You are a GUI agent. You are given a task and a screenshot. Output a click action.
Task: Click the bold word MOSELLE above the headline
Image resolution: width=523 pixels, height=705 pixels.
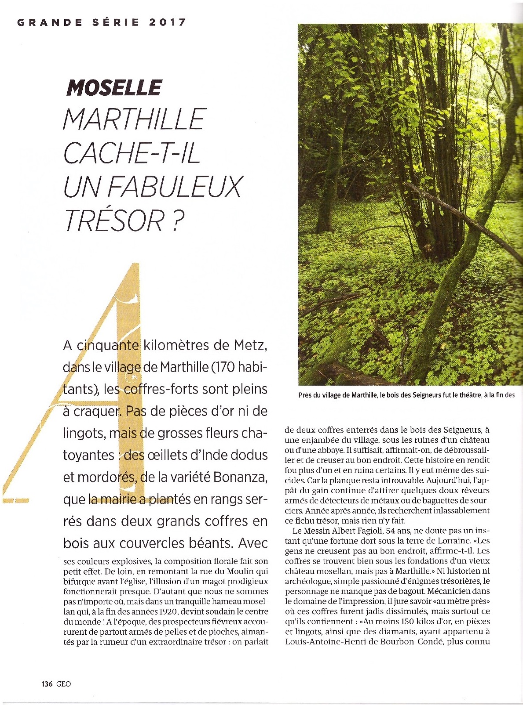[114, 88]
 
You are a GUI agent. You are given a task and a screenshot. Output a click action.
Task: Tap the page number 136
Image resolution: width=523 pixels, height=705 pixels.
[47, 684]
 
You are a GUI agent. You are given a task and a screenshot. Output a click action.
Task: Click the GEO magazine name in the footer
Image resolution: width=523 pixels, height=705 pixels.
[63, 684]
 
